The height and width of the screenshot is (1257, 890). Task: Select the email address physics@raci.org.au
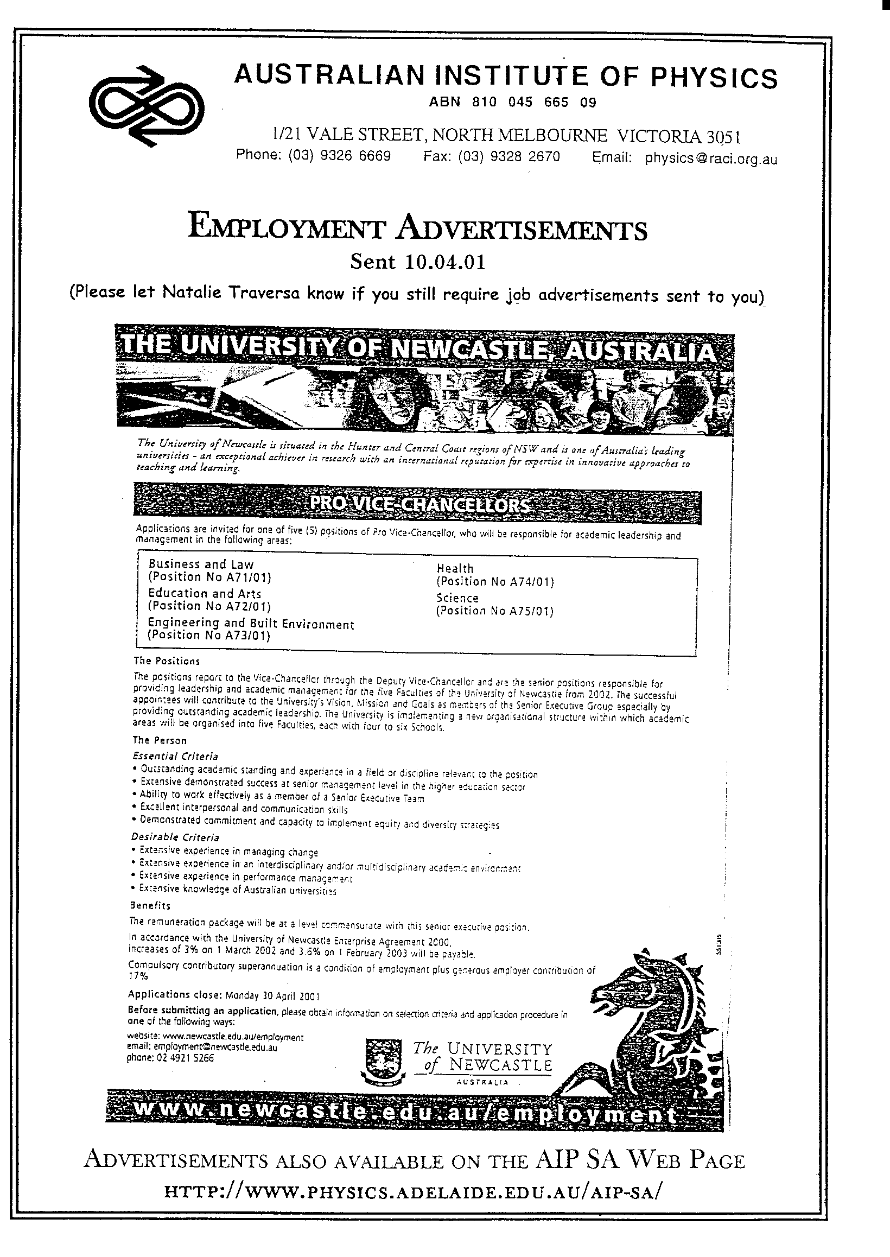coord(711,159)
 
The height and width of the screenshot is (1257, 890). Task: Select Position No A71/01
coord(210,577)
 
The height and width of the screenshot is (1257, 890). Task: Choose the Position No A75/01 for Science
coord(495,611)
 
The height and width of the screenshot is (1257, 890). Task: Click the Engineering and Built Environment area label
coord(251,624)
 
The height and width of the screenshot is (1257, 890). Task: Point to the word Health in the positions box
coord(454,569)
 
